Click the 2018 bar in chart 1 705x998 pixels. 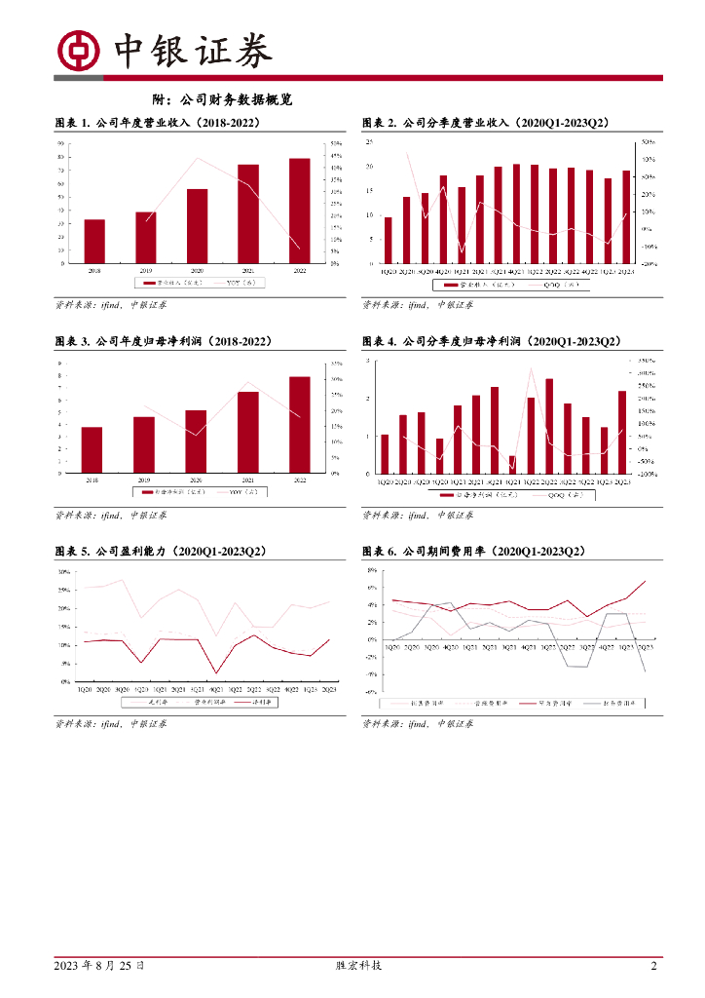[x=94, y=241]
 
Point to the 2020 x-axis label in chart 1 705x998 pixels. [x=197, y=270]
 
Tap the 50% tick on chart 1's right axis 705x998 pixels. [x=334, y=143]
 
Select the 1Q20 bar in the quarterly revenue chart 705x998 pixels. [x=389, y=240]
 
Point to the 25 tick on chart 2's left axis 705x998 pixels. [x=368, y=142]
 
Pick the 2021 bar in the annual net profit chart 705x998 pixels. [x=248, y=432]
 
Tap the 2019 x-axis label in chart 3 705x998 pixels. [x=144, y=481]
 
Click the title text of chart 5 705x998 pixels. [x=162, y=552]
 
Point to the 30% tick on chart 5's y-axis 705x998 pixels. [x=63, y=572]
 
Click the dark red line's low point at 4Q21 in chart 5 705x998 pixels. [x=215, y=672]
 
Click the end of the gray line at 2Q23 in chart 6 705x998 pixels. [x=645, y=672]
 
